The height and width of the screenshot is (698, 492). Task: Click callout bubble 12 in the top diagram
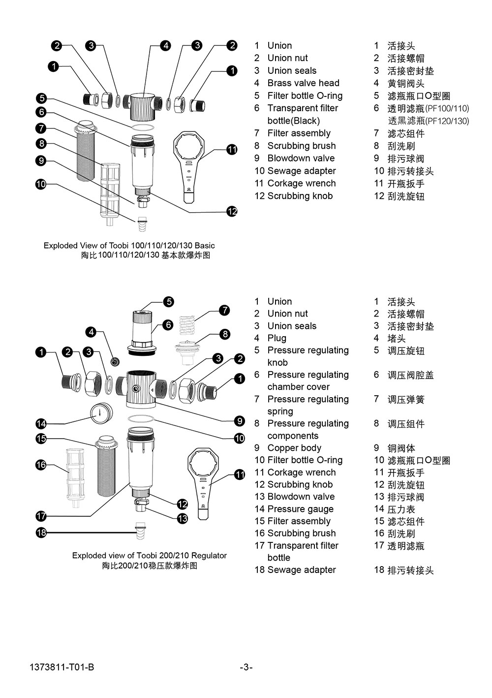[232, 211]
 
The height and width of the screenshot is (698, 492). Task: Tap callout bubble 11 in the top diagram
[232, 150]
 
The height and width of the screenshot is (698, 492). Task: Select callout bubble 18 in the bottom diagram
[41, 532]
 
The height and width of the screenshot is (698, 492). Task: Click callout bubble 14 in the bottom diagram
[41, 423]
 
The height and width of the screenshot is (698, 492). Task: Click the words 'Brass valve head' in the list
[303, 83]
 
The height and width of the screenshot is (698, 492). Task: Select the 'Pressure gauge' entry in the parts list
[300, 509]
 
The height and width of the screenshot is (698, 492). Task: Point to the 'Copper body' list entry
[294, 448]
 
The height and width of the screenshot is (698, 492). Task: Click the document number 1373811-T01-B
[62, 667]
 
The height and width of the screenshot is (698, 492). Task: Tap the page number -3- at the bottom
[246, 667]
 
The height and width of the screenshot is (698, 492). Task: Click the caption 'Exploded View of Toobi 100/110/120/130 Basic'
[129, 245]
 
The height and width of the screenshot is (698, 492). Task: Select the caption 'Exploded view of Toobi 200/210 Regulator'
[149, 555]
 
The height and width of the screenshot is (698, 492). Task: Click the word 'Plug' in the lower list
[277, 338]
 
